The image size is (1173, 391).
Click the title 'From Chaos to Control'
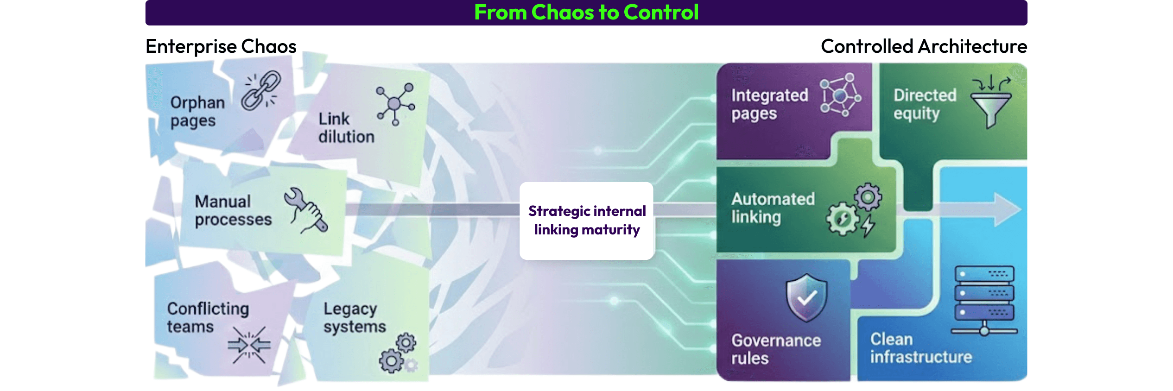click(586, 13)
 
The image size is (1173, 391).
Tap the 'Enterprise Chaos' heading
click(221, 46)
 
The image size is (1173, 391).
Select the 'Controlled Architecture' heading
click(924, 46)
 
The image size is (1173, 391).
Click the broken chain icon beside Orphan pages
click(261, 90)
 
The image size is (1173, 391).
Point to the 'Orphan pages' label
click(197, 111)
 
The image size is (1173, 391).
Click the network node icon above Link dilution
click(395, 103)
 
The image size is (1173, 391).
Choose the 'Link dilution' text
click(346, 128)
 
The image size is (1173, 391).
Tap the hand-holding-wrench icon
click(305, 210)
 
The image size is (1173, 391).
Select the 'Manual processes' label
click(233, 210)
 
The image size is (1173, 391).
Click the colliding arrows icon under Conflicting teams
click(249, 345)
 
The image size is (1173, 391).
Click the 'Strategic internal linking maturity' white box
click(586, 221)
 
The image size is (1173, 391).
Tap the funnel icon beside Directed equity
click(991, 102)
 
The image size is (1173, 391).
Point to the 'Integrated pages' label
click(769, 104)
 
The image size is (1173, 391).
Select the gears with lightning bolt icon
click(854, 211)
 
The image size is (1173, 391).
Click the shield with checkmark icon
click(806, 297)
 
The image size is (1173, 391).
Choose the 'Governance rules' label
click(776, 349)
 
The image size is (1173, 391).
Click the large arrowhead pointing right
click(1007, 210)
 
